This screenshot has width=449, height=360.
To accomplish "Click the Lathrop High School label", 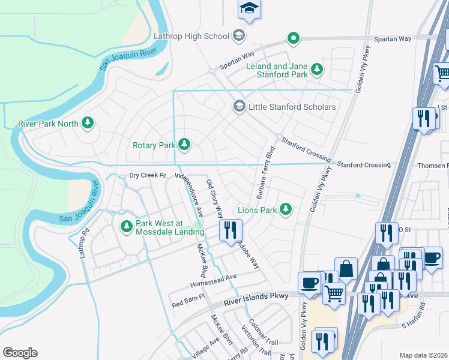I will [x=191, y=36].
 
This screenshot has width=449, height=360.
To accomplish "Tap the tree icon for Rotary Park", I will [x=185, y=145].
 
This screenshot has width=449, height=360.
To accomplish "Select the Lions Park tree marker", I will [x=286, y=209].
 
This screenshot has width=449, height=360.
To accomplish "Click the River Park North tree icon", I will [x=88, y=123].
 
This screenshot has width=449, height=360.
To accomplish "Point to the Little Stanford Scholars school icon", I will [x=238, y=106].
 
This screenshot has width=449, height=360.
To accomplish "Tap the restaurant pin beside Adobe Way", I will [x=231, y=230].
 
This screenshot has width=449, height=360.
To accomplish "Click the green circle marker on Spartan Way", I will [x=293, y=39].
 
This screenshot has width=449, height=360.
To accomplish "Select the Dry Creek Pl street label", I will [x=147, y=175].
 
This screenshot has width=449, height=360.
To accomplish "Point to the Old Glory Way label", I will [x=214, y=197].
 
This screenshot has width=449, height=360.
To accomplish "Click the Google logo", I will [x=20, y=353].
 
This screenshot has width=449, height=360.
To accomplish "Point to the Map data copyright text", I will [x=424, y=355].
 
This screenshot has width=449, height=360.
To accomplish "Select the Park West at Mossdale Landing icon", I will [x=126, y=227].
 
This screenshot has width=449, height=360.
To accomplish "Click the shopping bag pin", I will [x=346, y=269].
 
